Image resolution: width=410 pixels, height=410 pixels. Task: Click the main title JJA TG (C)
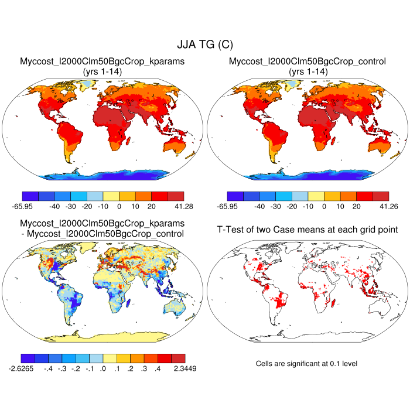[x=205, y=45]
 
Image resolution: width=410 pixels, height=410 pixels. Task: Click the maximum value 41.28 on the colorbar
[x=183, y=206]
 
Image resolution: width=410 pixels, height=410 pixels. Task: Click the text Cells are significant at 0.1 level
[x=306, y=364]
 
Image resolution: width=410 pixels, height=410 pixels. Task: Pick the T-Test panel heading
[x=306, y=229]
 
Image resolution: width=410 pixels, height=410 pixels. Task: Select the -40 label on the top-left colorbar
[x=54, y=206]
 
